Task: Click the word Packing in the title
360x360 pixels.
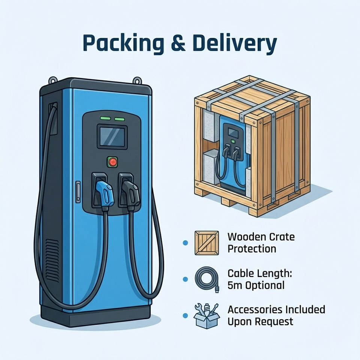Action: (x=122, y=43)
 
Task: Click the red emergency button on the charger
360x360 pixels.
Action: (x=112, y=162)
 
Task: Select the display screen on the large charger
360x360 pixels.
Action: (x=112, y=137)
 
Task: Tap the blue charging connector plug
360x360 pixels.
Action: (x=104, y=192)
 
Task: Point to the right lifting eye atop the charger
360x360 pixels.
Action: (x=138, y=80)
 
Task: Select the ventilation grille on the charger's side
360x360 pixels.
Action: (x=52, y=256)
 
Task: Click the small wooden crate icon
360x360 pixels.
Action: (x=207, y=243)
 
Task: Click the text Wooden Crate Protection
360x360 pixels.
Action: (x=261, y=243)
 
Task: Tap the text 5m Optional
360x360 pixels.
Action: (x=256, y=285)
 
